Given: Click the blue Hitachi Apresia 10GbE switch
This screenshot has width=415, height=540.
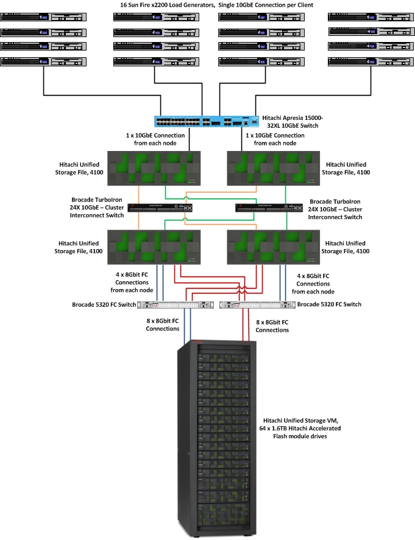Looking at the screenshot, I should tap(207, 121).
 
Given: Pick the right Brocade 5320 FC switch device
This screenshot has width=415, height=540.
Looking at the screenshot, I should tap(251, 304).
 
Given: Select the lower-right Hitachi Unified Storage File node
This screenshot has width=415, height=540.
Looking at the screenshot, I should tap(273, 247).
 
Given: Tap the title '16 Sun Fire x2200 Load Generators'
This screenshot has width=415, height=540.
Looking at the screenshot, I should tap(208, 5).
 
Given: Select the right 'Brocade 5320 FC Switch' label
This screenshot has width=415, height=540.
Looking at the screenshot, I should tap(330, 304).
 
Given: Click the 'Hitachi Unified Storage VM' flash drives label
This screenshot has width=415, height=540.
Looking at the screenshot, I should tap(302, 428).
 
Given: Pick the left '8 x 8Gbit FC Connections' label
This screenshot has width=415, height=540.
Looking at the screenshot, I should tap(162, 324).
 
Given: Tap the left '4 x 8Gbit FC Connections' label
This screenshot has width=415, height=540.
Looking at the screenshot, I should tap(132, 282).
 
